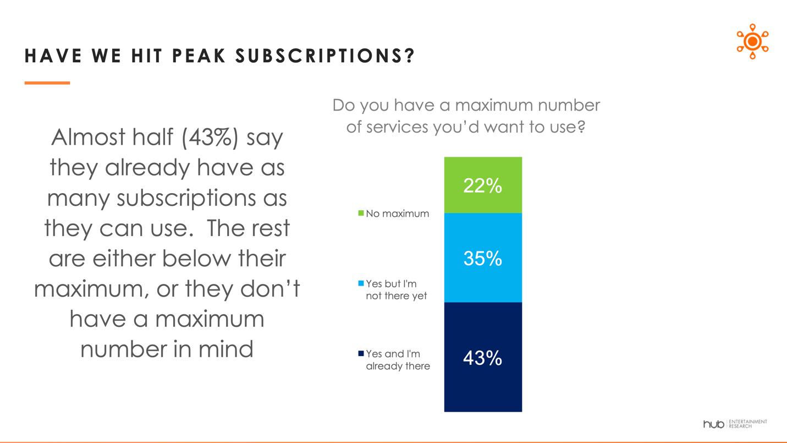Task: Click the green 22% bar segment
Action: pyautogui.click(x=483, y=185)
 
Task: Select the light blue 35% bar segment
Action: pyautogui.click(x=483, y=258)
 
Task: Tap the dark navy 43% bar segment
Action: pyautogui.click(x=483, y=358)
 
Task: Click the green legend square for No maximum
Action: pyautogui.click(x=361, y=213)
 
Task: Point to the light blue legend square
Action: pyautogui.click(x=361, y=283)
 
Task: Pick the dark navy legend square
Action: pyautogui.click(x=361, y=353)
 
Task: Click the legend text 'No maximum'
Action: pyautogui.click(x=397, y=214)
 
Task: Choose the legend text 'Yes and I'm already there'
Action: pyautogui.click(x=398, y=360)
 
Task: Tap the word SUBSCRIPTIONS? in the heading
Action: pyautogui.click(x=326, y=56)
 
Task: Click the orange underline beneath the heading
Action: pyautogui.click(x=47, y=83)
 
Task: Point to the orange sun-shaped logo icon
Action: pyautogui.click(x=752, y=42)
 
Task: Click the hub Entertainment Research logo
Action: pyautogui.click(x=735, y=424)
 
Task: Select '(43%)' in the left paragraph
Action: pyautogui.click(x=210, y=138)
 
